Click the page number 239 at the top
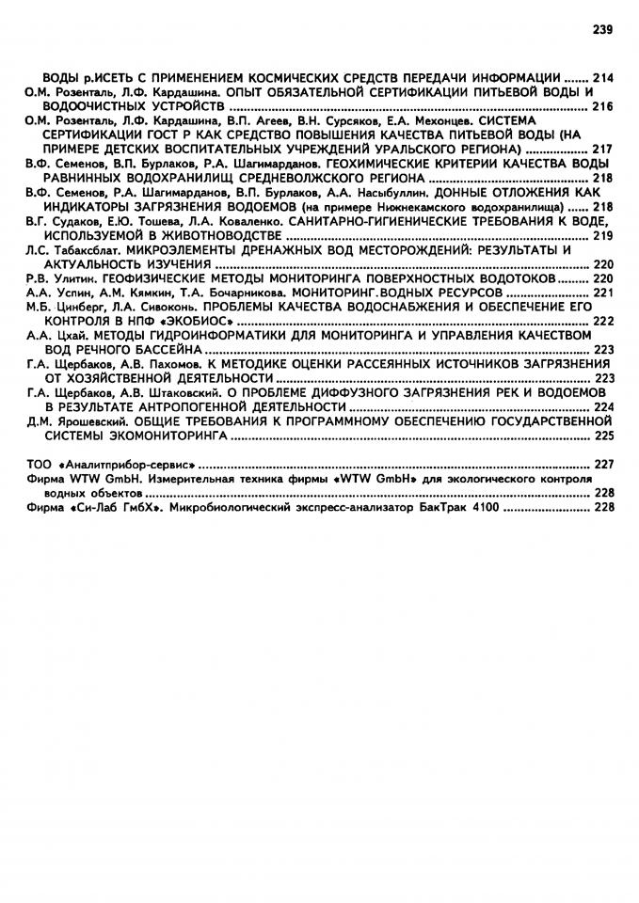coord(603,29)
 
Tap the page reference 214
coord(603,76)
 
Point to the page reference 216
coord(603,106)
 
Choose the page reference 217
coord(603,149)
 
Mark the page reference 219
coord(603,234)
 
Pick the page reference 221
coord(603,293)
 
